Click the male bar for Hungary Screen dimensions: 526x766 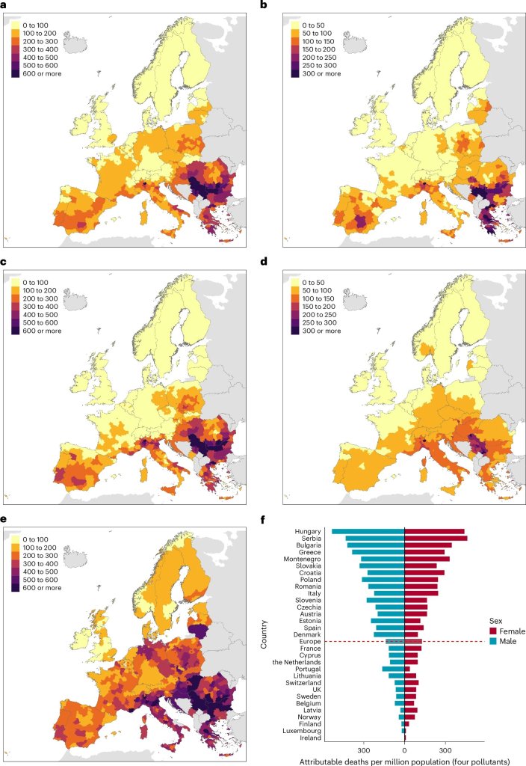pos(368,532)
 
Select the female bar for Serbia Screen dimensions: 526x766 pos(436,539)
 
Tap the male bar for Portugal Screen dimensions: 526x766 pos(393,670)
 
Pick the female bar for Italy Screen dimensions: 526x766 pos(421,593)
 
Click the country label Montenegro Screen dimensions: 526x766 pos(302,559)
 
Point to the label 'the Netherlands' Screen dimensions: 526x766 pos(297,663)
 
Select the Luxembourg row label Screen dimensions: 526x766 pos(302,732)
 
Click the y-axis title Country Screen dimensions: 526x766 pos(264,634)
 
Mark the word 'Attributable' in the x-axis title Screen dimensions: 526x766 pos(319,762)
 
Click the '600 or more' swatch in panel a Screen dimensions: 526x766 pos(15,74)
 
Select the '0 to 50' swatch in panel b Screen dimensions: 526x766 pos(294,25)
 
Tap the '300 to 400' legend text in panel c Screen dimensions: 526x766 pos(40,307)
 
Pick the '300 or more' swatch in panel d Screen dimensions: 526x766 pos(294,331)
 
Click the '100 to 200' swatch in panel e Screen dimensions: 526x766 pos(15,548)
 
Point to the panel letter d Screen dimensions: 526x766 pos(264,261)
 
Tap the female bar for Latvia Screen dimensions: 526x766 pos(411,711)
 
